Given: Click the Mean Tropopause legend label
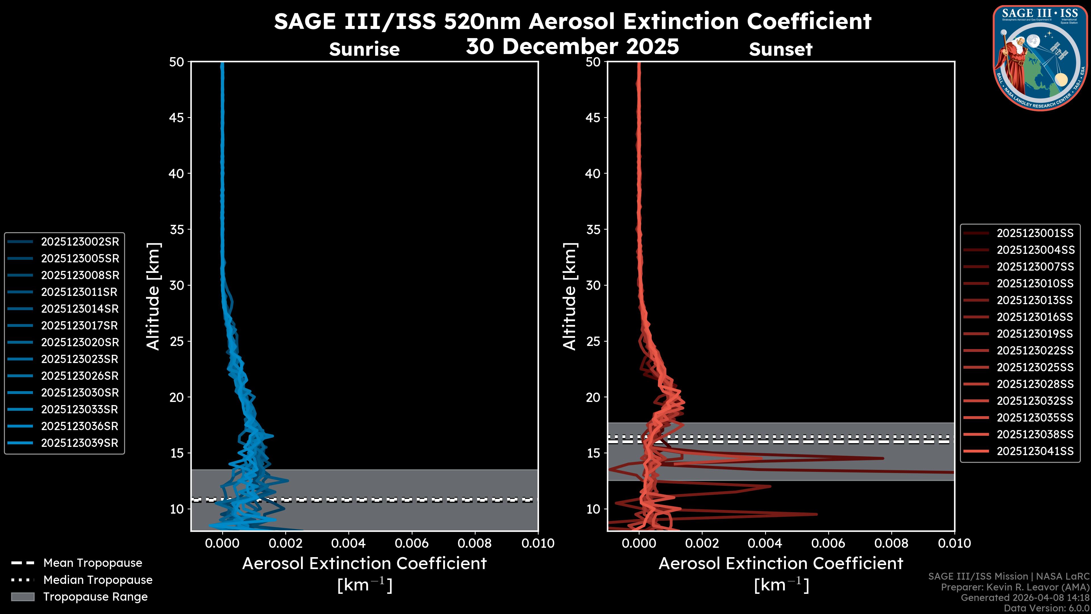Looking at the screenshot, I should click(x=93, y=563).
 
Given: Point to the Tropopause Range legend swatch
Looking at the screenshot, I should click(x=23, y=597).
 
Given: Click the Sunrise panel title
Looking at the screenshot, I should click(x=364, y=49).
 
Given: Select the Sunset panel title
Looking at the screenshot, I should click(x=780, y=49).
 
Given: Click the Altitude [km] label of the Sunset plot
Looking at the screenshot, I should click(x=570, y=296).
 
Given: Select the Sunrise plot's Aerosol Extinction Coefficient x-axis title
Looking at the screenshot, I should click(x=364, y=564).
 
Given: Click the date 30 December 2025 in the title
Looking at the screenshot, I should click(x=572, y=47).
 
